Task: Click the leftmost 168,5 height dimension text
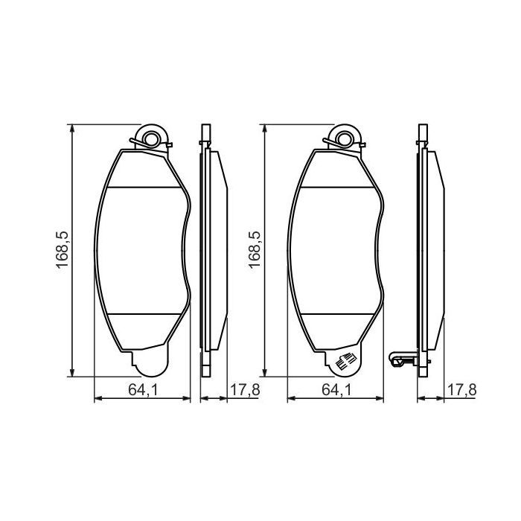point(63,249)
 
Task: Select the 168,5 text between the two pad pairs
point(255,249)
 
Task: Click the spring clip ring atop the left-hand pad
point(153,138)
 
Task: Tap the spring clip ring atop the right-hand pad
point(344,138)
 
